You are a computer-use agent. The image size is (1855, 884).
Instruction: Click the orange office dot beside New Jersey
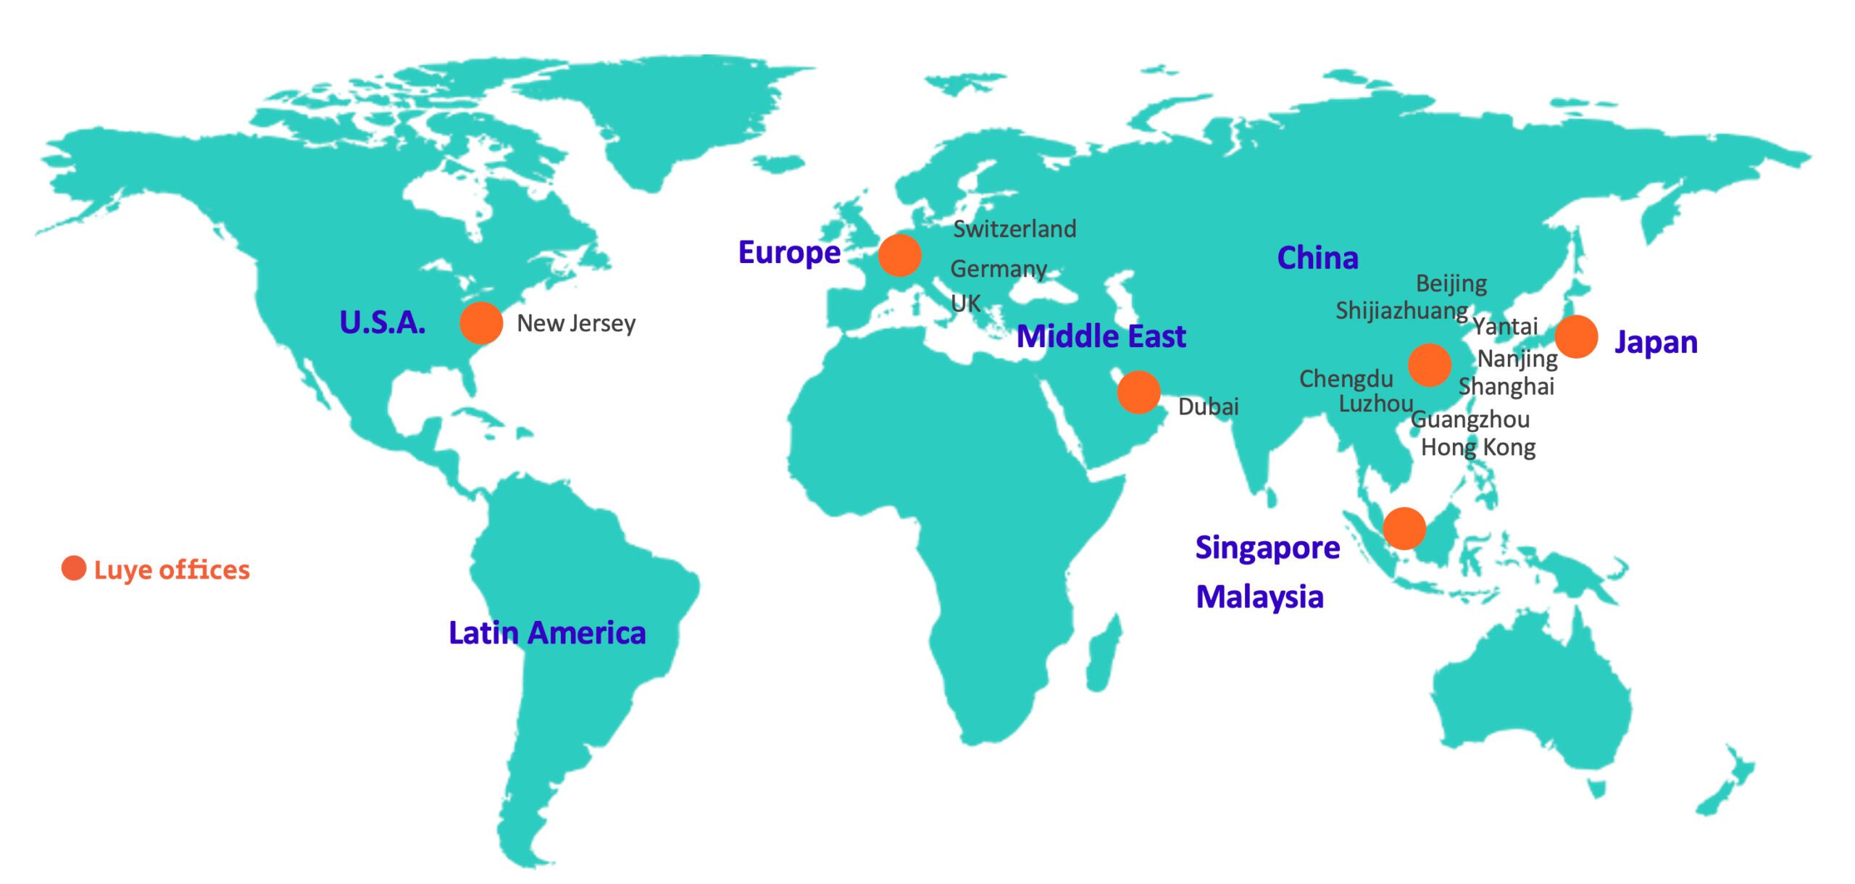481,323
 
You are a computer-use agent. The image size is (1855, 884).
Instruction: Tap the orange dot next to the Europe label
899,255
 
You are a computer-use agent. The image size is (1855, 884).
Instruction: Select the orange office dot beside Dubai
1138,392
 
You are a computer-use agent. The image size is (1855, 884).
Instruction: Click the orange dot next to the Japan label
1576,337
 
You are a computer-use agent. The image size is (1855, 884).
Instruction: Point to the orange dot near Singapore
1404,528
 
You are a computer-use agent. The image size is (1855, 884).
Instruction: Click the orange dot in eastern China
1430,364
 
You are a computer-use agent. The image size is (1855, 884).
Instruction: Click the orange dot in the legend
74,569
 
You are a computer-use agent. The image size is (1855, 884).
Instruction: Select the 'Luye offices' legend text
172,570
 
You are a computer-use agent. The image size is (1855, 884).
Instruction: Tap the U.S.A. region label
383,323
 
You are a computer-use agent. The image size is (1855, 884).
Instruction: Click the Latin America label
547,633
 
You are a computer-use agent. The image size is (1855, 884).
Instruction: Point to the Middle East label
1101,337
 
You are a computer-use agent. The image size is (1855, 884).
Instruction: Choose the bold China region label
1317,259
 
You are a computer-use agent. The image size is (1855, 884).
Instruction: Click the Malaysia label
1259,598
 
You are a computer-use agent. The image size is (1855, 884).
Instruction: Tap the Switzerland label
1014,230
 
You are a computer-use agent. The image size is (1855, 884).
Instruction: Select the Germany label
999,270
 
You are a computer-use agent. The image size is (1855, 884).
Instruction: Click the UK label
966,304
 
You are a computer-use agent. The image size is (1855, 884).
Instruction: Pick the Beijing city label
1451,284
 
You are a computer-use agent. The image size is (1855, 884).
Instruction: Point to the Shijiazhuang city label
1402,312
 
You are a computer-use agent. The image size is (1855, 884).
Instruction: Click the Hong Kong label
1478,448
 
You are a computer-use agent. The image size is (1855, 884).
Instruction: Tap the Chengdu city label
1346,379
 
